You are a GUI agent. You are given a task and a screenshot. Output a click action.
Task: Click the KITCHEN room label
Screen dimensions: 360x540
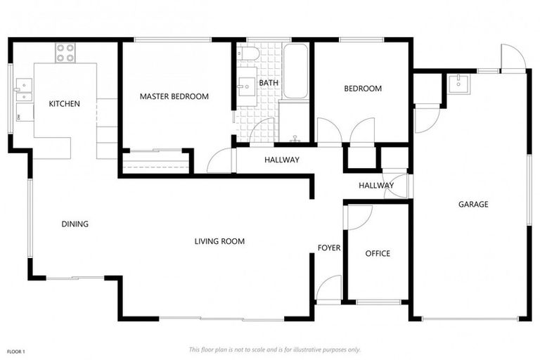pos(64,104)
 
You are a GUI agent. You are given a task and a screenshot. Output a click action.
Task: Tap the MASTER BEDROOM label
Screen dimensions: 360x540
pos(174,97)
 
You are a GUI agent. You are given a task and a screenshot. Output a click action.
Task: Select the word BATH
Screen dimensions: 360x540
pos(269,83)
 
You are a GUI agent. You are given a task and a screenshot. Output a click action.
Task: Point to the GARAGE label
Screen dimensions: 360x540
pos(473,205)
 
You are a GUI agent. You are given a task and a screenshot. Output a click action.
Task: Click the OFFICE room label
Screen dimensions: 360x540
pos(378,254)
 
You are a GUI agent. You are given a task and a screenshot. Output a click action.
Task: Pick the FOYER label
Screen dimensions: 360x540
pos(329,248)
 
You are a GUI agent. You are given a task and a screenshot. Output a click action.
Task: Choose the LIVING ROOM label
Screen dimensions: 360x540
pos(219,242)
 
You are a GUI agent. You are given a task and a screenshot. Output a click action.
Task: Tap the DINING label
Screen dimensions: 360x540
pos(75,225)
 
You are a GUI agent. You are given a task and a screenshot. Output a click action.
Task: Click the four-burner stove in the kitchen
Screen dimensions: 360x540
pos(65,53)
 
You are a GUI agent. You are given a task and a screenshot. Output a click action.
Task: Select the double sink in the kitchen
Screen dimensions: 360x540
pos(22,90)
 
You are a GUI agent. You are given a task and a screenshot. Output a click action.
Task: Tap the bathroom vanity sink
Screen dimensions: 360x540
pos(246,89)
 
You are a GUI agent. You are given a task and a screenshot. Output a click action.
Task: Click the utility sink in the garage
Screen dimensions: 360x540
pos(458,83)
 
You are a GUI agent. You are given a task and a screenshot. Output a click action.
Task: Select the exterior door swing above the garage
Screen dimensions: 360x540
pos(512,57)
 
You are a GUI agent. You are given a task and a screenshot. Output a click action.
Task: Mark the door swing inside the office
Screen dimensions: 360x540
pos(359,216)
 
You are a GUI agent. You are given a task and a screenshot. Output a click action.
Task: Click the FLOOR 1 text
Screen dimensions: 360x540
pos(16,351)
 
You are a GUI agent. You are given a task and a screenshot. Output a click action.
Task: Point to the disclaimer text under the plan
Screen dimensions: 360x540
pos(274,349)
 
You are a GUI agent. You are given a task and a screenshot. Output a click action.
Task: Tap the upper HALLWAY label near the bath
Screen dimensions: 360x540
pos(281,160)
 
